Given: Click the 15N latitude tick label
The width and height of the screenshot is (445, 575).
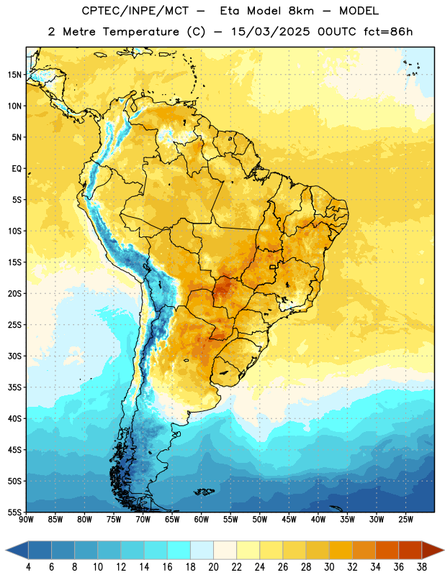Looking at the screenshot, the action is click(14, 75).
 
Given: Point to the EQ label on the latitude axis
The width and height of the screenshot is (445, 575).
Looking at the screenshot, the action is click(17, 169).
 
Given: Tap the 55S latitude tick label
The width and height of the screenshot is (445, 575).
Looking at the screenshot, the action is click(14, 512).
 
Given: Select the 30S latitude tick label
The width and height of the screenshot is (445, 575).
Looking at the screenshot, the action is click(14, 356).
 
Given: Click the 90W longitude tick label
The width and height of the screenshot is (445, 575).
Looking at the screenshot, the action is click(27, 520).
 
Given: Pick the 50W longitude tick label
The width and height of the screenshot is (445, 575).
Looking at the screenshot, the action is click(260, 520).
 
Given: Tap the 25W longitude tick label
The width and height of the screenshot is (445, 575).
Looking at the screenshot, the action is click(405, 520).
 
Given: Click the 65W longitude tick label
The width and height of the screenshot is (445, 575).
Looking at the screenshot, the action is click(172, 520).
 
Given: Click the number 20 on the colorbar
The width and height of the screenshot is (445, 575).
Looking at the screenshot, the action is click(213, 567).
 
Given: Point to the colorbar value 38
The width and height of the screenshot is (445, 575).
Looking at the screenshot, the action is click(422, 567).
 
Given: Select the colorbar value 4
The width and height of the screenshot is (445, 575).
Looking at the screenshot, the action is click(28, 567).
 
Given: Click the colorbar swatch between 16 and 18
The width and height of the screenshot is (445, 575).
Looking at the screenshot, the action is click(179, 550).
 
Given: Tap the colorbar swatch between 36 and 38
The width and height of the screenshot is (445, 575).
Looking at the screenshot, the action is click(410, 550).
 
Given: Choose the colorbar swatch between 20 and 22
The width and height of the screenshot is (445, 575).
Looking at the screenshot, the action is click(225, 550).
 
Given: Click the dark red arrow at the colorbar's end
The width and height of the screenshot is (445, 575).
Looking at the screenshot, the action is click(433, 550).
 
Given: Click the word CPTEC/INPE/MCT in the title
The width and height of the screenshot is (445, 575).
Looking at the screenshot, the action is click(135, 11).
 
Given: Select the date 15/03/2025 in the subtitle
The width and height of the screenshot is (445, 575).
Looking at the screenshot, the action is click(271, 32).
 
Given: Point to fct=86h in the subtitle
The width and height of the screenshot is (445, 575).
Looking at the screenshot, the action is click(388, 32).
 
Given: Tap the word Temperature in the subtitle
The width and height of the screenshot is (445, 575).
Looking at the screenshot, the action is click(141, 32).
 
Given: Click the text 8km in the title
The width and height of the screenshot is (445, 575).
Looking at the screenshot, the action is click(301, 11).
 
